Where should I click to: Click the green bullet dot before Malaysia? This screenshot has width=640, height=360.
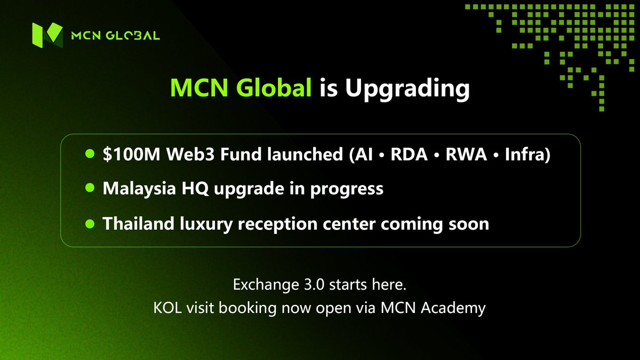pyautogui.click(x=90, y=189)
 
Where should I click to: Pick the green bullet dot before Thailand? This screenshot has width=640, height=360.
pyautogui.click(x=90, y=223)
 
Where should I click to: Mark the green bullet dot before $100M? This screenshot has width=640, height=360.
pyautogui.click(x=90, y=155)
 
